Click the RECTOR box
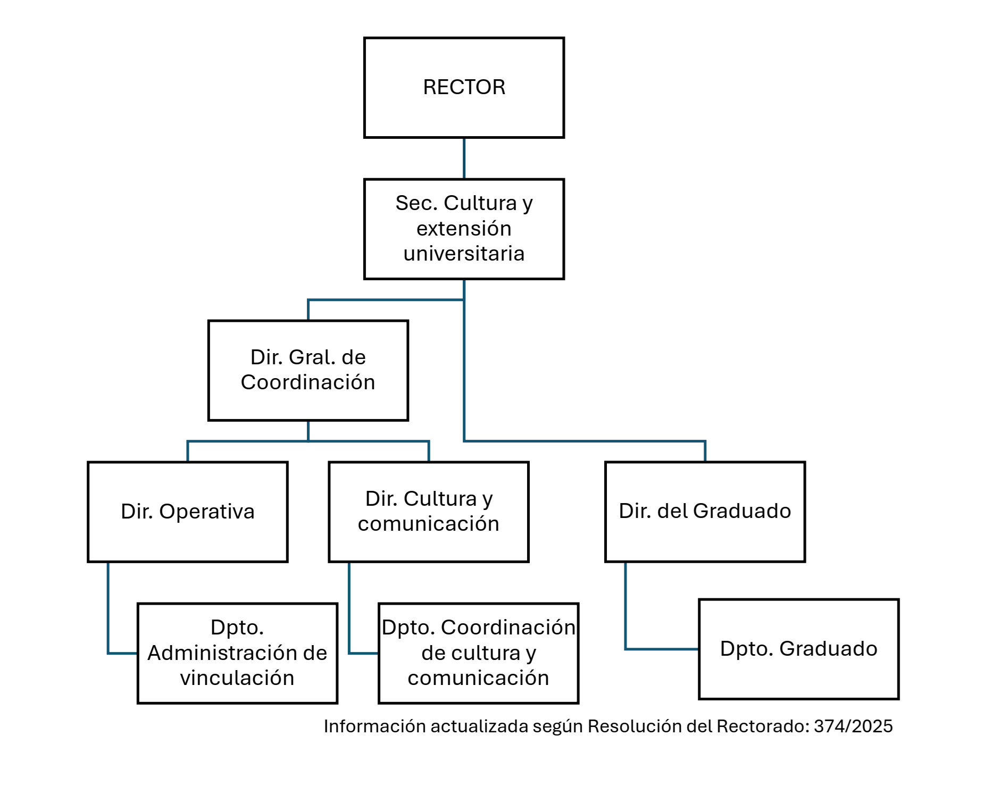coord(464,88)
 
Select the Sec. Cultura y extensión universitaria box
coord(464,229)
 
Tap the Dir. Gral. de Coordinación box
coord(308,370)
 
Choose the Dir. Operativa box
coord(188,512)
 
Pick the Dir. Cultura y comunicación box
coord(429,512)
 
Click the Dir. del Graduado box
coord(705,512)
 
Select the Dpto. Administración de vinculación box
coord(237,653)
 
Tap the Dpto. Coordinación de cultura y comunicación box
coord(478,653)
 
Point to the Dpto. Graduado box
coord(798,649)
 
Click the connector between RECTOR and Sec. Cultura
coord(464,158)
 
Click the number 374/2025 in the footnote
coord(853,726)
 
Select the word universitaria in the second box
coord(464,254)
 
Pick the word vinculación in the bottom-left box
coord(237,678)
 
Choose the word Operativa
coord(207,512)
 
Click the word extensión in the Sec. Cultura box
coord(464,229)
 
